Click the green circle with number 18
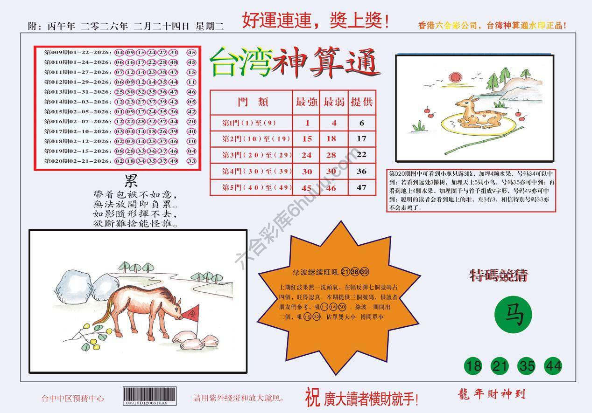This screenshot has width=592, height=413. click(x=473, y=366)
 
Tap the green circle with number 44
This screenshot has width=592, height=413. click(x=553, y=366)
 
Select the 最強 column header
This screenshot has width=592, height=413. click(x=306, y=102)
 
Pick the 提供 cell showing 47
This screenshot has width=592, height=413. click(x=361, y=188)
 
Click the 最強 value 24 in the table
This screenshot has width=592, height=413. click(x=306, y=155)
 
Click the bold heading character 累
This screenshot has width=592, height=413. click(x=131, y=180)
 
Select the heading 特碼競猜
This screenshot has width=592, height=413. click(x=499, y=275)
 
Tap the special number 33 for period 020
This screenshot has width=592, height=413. click(x=191, y=161)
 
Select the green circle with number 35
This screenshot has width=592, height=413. click(x=527, y=366)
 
